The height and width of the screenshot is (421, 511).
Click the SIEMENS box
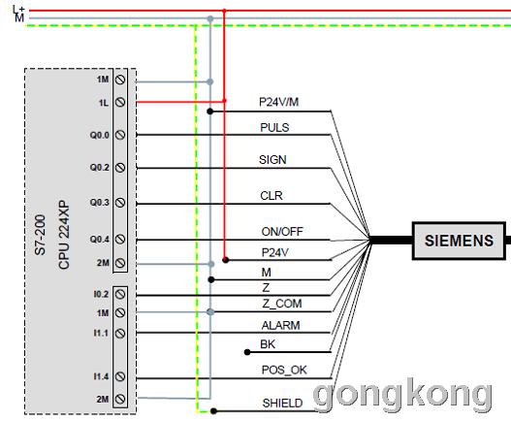[x=459, y=241]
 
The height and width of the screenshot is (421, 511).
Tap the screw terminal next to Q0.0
[x=120, y=135]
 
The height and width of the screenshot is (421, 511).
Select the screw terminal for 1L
[x=120, y=103]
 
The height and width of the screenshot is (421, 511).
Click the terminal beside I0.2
[x=120, y=295]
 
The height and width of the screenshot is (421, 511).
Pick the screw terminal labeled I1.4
[x=120, y=376]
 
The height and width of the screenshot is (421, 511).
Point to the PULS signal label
[x=274, y=127]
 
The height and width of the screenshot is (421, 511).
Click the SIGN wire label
[x=272, y=160]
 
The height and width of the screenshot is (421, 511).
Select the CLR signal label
[x=271, y=196]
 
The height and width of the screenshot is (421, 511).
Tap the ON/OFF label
[x=282, y=232]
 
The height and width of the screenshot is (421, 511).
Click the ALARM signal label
[x=280, y=326]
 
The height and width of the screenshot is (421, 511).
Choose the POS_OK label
[x=284, y=370]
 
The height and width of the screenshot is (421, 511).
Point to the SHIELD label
[x=282, y=404]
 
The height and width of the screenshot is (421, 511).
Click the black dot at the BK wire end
[x=247, y=352]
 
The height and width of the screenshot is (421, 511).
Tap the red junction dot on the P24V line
[x=225, y=260]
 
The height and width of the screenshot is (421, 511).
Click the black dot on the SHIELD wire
[x=213, y=411]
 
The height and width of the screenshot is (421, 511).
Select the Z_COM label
[x=282, y=304]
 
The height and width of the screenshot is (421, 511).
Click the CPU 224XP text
[x=64, y=235]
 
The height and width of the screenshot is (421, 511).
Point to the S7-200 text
[x=40, y=235]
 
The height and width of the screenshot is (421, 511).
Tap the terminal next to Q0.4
[x=120, y=240]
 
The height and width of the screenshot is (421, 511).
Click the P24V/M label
[x=278, y=102]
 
